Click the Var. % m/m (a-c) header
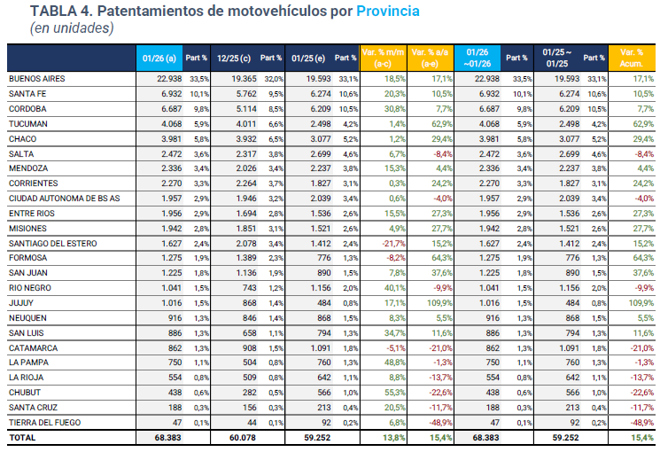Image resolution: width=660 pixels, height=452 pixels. tap(384, 58)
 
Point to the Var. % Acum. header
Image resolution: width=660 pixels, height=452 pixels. tap(632, 58)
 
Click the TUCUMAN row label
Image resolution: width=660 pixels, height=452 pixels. tap(28, 123)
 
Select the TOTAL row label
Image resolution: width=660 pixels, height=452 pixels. tap(23, 438)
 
